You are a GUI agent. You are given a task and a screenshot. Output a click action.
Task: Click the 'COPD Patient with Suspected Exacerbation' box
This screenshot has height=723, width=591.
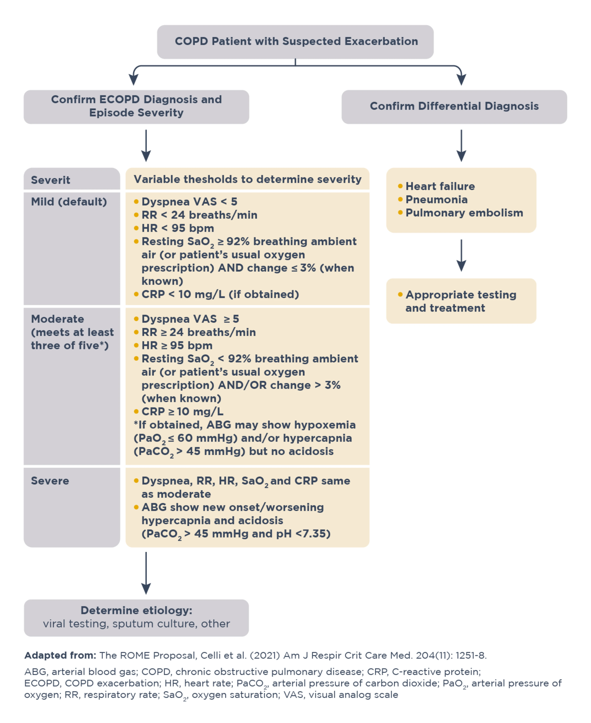click(295, 42)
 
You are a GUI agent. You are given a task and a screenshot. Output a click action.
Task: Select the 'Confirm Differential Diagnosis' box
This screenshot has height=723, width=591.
click(454, 106)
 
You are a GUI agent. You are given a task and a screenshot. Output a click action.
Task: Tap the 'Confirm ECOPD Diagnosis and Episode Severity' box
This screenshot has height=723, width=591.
click(136, 106)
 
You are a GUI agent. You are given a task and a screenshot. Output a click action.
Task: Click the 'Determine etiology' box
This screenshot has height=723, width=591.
click(136, 617)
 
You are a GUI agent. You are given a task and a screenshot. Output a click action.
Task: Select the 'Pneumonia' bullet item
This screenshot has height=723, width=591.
click(436, 200)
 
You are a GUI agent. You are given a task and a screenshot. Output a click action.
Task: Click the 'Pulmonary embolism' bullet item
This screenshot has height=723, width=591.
click(464, 213)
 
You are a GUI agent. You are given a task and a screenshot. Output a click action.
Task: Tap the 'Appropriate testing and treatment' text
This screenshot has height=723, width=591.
click(461, 301)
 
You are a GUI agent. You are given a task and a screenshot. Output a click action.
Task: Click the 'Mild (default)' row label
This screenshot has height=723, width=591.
click(69, 202)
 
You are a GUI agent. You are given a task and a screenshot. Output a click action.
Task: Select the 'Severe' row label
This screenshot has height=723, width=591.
click(50, 481)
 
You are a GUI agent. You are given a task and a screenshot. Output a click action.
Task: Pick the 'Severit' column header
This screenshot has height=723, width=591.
click(51, 180)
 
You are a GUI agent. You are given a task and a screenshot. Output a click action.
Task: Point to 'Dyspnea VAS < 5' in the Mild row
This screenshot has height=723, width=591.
click(189, 202)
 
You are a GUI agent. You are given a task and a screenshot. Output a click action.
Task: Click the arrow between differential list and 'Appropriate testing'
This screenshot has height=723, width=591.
click(461, 255)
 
